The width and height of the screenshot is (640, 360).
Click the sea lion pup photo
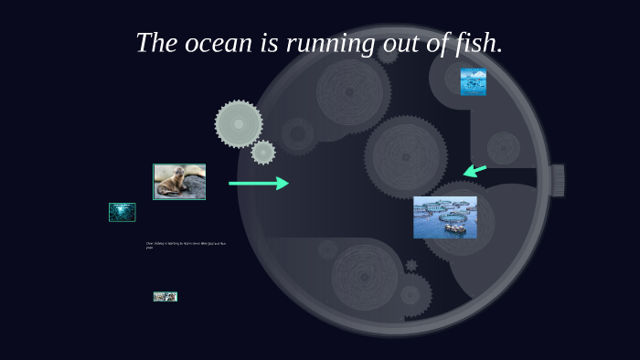[179, 181]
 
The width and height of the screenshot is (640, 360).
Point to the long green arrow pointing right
[259, 184]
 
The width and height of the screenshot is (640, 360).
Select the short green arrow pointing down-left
[475, 170]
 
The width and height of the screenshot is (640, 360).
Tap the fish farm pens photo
[444, 217]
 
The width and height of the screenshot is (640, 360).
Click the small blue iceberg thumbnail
[473, 81]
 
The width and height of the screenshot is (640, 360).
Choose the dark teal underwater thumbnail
[122, 212]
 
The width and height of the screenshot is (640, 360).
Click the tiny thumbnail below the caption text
[165, 297]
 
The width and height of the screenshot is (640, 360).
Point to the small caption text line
[187, 245]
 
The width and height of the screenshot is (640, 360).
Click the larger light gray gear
[239, 123]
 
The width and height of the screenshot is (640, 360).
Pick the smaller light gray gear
[263, 153]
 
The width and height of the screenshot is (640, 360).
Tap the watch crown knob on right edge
[557, 180]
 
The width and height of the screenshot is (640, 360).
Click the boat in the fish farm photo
[454, 228]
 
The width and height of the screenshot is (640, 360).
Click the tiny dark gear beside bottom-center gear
[411, 266]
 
